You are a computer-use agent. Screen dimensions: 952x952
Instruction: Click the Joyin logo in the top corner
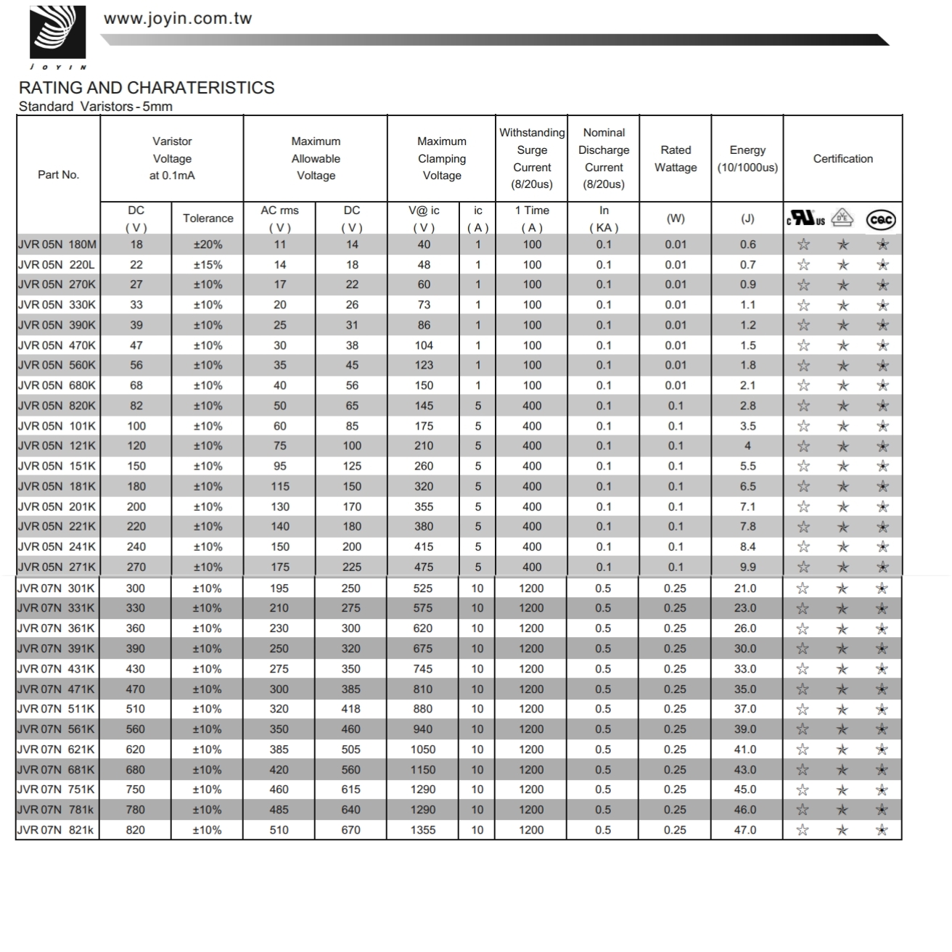pyautogui.click(x=57, y=33)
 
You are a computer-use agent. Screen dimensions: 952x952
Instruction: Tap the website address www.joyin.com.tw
pyautogui.click(x=178, y=19)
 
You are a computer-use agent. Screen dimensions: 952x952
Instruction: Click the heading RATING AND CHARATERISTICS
pyautogui.click(x=147, y=88)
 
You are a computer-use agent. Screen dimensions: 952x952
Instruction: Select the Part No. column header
pyautogui.click(x=58, y=175)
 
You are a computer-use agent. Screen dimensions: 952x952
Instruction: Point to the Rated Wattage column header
pyautogui.click(x=676, y=159)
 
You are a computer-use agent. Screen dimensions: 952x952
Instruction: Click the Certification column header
pyautogui.click(x=842, y=159)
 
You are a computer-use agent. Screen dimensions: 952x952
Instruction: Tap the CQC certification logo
pyautogui.click(x=882, y=219)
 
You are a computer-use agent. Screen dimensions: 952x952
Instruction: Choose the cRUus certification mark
pyautogui.click(x=805, y=218)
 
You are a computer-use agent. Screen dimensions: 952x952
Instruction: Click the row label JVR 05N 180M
pyautogui.click(x=57, y=245)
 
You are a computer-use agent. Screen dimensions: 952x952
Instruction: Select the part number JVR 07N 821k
pyautogui.click(x=56, y=830)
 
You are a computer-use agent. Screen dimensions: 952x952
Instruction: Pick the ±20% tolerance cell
pyautogui.click(x=208, y=245)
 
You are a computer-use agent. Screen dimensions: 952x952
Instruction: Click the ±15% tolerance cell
pyautogui.click(x=208, y=265)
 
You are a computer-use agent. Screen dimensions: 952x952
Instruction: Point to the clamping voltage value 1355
pyautogui.click(x=423, y=830)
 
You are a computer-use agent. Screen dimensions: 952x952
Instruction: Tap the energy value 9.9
pyautogui.click(x=747, y=567)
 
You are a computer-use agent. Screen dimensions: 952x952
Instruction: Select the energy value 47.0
pyautogui.click(x=745, y=830)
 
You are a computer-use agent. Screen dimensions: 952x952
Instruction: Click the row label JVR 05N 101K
pyautogui.click(x=57, y=426)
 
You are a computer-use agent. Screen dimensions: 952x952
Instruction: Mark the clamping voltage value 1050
pyautogui.click(x=423, y=750)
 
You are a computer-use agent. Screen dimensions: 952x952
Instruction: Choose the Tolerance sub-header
pyautogui.click(x=208, y=218)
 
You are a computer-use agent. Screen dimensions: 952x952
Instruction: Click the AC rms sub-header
pyautogui.click(x=279, y=210)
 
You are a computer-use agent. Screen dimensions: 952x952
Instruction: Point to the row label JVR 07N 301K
pyautogui.click(x=56, y=588)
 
